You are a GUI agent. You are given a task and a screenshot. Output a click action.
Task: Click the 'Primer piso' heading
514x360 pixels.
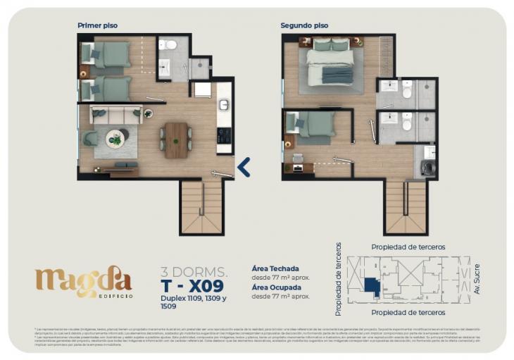97,25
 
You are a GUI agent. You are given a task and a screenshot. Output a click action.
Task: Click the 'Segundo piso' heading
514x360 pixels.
304,25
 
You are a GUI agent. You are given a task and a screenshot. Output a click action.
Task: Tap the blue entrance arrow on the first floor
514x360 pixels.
243,167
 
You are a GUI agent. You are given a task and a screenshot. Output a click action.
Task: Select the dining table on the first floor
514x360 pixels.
176,139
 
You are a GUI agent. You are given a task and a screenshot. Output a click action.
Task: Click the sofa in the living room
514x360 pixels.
117,115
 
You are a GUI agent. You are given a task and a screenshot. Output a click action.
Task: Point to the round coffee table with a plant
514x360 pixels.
116,138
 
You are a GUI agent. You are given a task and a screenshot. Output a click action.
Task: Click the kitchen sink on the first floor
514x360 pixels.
224,104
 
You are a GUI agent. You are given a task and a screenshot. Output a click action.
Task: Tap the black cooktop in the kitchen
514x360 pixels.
224,135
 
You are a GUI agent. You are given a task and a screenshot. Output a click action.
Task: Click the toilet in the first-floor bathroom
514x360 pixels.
170,46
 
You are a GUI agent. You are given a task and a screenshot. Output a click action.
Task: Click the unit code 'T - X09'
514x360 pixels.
192,285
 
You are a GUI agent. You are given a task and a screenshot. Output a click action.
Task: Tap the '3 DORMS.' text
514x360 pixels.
194,271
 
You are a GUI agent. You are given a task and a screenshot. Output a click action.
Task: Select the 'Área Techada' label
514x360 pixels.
275,268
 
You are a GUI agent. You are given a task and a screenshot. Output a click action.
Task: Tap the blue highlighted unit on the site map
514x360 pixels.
371,286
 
